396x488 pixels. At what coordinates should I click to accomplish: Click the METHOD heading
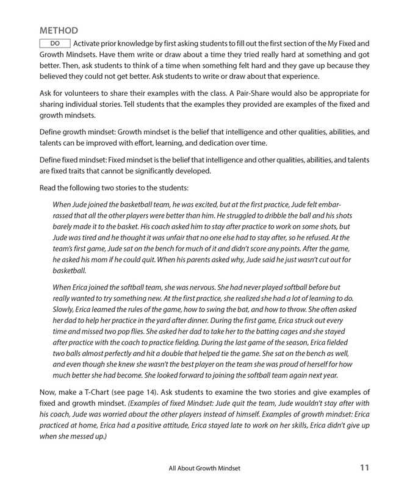59,30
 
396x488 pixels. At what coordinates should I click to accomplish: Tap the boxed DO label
55,43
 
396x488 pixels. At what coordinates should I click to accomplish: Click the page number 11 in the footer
364,468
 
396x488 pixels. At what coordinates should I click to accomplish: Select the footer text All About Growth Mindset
204,468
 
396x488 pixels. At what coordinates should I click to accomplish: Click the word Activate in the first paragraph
89,43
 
